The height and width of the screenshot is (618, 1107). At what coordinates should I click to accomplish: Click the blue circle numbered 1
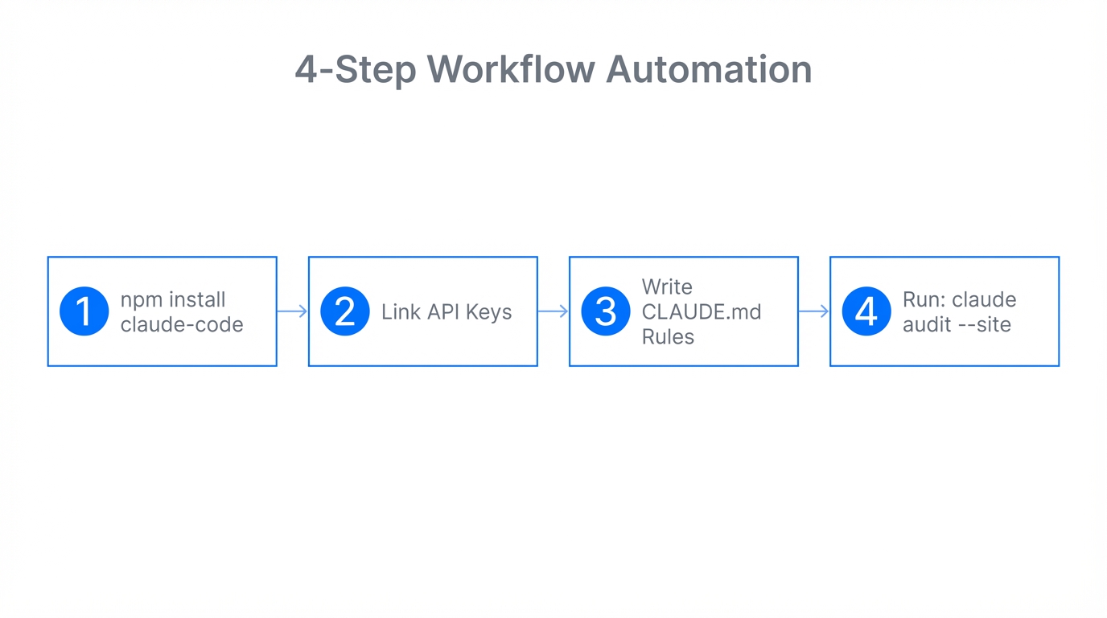pyautogui.click(x=84, y=311)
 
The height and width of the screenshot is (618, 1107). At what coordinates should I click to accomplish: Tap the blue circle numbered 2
pyautogui.click(x=345, y=311)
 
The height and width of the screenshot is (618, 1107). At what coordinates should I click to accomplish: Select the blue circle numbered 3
pyautogui.click(x=606, y=311)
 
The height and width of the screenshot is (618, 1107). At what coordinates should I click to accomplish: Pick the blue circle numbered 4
pyautogui.click(x=866, y=311)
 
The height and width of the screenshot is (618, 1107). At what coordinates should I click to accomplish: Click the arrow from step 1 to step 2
pyautogui.click(x=293, y=311)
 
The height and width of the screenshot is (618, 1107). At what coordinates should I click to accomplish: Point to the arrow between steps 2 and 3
pyautogui.click(x=553, y=311)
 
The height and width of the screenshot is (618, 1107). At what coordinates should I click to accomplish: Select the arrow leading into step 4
pyautogui.click(x=814, y=311)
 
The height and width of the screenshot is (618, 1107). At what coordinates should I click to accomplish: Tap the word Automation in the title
pyautogui.click(x=709, y=69)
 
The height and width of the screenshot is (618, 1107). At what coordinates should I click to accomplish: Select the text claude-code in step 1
pyautogui.click(x=182, y=324)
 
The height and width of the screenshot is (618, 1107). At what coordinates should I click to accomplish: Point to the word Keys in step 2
pyautogui.click(x=489, y=312)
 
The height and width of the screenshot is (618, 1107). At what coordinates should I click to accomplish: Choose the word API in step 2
pyautogui.click(x=443, y=312)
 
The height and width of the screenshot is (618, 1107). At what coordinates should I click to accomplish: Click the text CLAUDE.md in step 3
pyautogui.click(x=702, y=312)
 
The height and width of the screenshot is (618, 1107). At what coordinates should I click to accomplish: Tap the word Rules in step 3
pyautogui.click(x=668, y=336)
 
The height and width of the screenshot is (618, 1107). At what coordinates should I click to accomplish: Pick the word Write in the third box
pyautogui.click(x=667, y=287)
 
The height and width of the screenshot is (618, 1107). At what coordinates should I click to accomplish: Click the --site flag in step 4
pyautogui.click(x=982, y=324)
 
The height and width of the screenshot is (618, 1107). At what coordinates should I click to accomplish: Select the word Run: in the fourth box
pyautogui.click(x=924, y=300)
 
